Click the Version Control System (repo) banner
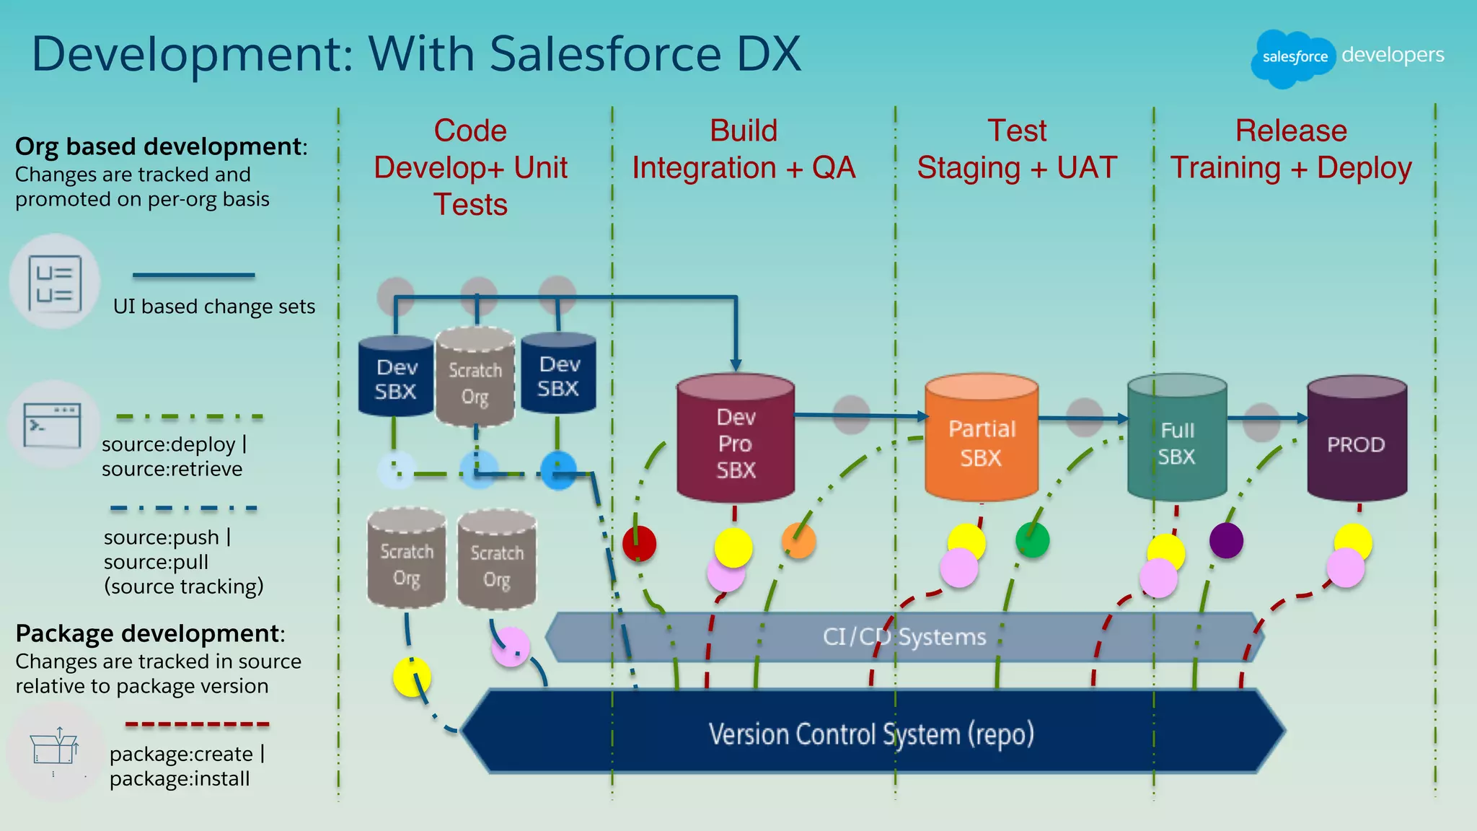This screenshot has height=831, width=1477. [x=871, y=733]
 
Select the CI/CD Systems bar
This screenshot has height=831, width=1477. [x=904, y=637]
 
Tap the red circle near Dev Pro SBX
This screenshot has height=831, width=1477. [x=639, y=544]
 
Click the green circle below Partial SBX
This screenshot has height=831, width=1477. [x=1032, y=540]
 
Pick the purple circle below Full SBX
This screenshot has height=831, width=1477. [x=1226, y=540]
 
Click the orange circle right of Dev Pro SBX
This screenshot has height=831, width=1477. [x=798, y=540]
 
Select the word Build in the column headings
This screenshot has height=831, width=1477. [x=744, y=131]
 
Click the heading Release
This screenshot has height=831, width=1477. [x=1291, y=131]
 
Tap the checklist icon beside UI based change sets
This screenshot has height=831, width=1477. [x=55, y=283]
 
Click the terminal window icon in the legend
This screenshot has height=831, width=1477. [x=53, y=424]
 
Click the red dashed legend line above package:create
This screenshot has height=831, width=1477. [x=197, y=724]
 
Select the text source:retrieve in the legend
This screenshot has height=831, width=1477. [x=172, y=469]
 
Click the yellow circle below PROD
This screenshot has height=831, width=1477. [x=1353, y=542]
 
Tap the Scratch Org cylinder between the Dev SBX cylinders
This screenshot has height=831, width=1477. [x=475, y=378]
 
